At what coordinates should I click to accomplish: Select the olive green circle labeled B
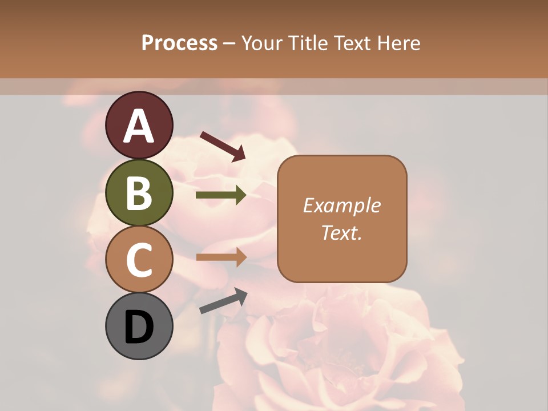(139, 193)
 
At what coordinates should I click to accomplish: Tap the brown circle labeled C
(139, 260)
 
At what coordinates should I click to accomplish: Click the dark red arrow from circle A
(223, 146)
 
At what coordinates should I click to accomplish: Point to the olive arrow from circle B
(221, 195)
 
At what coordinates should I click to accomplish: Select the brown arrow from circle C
(221, 257)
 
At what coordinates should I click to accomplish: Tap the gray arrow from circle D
(223, 301)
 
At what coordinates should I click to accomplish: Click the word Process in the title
(179, 43)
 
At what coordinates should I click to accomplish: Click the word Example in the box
(341, 205)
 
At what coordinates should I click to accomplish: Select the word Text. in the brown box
(341, 232)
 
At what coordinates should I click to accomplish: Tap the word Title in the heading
(308, 43)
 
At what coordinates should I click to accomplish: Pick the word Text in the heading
(352, 43)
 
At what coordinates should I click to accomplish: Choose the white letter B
(139, 193)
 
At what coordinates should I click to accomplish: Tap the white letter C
(139, 260)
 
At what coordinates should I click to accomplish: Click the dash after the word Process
(229, 43)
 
